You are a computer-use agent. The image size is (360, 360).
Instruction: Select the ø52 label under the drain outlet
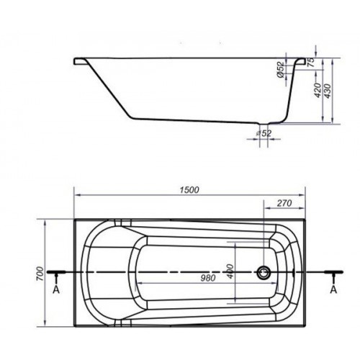point(264,132)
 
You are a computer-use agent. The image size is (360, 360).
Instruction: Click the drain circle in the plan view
point(264,273)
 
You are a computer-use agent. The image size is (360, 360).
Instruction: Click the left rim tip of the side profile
point(76,62)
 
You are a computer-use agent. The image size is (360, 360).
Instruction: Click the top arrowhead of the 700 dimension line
point(46,219)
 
